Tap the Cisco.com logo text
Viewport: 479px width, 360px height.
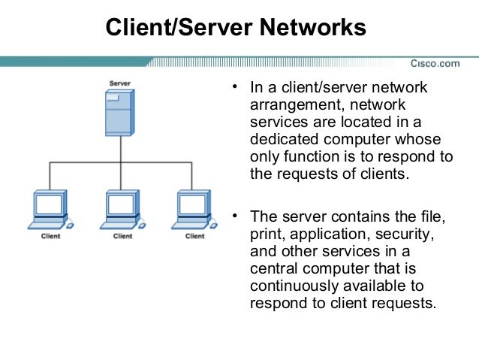point(434,63)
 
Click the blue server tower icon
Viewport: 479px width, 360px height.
point(121,111)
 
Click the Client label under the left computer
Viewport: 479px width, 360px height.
point(50,236)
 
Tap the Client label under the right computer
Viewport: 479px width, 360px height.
point(194,236)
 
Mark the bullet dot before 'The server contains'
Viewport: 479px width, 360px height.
point(236,216)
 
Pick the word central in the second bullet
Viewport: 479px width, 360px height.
point(273,269)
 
